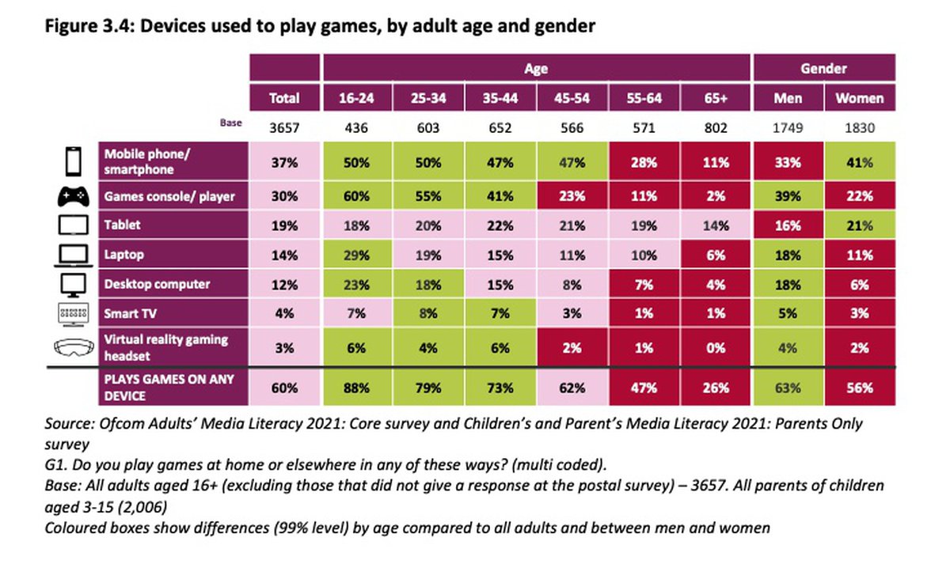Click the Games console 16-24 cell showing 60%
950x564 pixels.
click(358, 195)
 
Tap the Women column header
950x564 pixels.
click(861, 98)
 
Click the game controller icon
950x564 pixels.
click(71, 195)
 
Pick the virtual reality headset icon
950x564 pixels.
click(71, 346)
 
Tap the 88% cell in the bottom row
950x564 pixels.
click(358, 388)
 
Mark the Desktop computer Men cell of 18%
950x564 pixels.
click(788, 283)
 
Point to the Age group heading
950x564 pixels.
click(536, 68)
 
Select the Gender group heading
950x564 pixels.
click(823, 68)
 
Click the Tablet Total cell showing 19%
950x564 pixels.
click(284, 225)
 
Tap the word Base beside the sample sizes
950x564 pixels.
click(231, 124)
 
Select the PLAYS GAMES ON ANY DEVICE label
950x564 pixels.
click(170, 388)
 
